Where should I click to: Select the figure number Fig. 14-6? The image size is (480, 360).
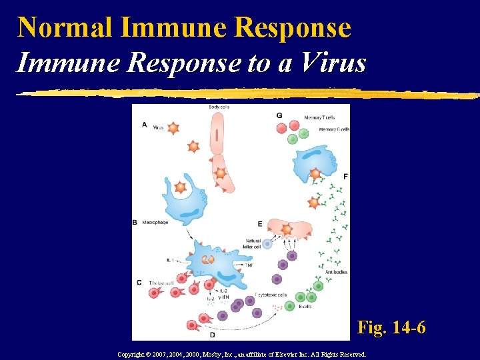click(391, 327)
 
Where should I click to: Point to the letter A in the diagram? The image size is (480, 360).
click(145, 125)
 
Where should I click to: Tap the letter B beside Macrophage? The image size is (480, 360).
click(135, 222)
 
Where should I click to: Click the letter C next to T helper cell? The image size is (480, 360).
click(139, 282)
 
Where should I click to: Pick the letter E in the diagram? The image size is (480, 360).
click(259, 223)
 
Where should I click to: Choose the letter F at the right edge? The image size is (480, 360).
click(345, 176)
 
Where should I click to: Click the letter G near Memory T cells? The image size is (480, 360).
click(279, 115)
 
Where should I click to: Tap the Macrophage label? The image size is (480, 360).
click(155, 222)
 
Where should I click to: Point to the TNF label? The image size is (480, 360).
click(249, 265)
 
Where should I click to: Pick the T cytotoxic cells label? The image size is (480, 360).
click(271, 294)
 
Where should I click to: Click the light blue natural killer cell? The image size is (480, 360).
click(267, 244)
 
